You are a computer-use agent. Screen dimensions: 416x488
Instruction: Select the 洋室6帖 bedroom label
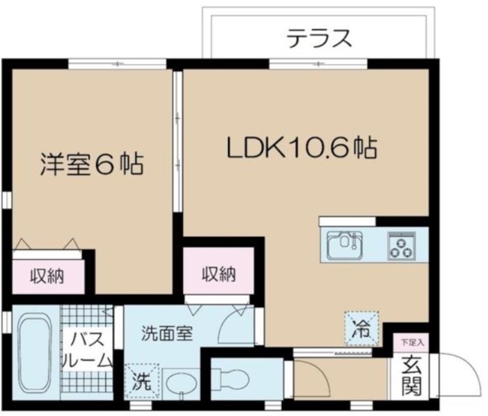point(91,165)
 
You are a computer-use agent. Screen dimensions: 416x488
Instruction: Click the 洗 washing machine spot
point(140,379)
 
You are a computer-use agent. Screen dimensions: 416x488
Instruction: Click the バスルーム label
point(89,349)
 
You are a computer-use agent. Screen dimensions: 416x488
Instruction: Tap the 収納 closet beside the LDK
point(218,275)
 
